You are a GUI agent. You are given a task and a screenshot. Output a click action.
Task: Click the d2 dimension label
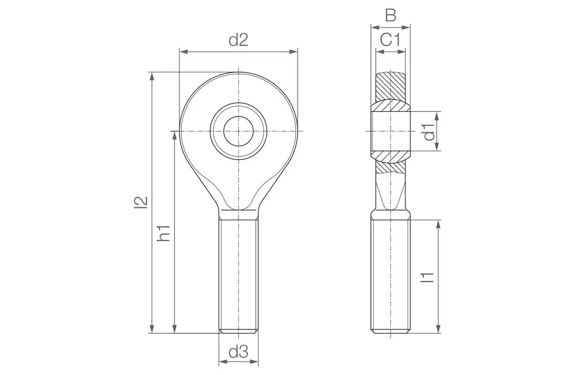pyautogui.click(x=238, y=40)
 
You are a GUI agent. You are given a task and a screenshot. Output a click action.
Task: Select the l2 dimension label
pyautogui.click(x=140, y=202)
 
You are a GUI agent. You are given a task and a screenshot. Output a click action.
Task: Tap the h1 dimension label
pyautogui.click(x=164, y=232)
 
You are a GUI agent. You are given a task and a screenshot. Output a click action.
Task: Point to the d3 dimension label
pyautogui.click(x=238, y=352)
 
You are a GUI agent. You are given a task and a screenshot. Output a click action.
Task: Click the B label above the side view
pyautogui.click(x=391, y=15)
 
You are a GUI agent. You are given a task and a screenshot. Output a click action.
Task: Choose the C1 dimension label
pyautogui.click(x=391, y=40)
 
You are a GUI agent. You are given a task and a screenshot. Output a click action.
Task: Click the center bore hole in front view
pyautogui.click(x=238, y=131)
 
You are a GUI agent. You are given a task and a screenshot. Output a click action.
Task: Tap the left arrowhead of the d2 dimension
pyautogui.click(x=184, y=51)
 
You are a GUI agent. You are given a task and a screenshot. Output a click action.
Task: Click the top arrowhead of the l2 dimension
pyautogui.click(x=153, y=76)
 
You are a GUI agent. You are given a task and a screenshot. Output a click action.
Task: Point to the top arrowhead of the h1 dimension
pyautogui.click(x=174, y=136)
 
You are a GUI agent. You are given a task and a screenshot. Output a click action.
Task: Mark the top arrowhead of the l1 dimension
pyautogui.click(x=438, y=224)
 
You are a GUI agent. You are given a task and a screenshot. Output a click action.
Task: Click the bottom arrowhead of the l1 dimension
pyautogui.click(x=438, y=328)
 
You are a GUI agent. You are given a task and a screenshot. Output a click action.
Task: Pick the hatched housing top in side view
pyautogui.click(x=391, y=86)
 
